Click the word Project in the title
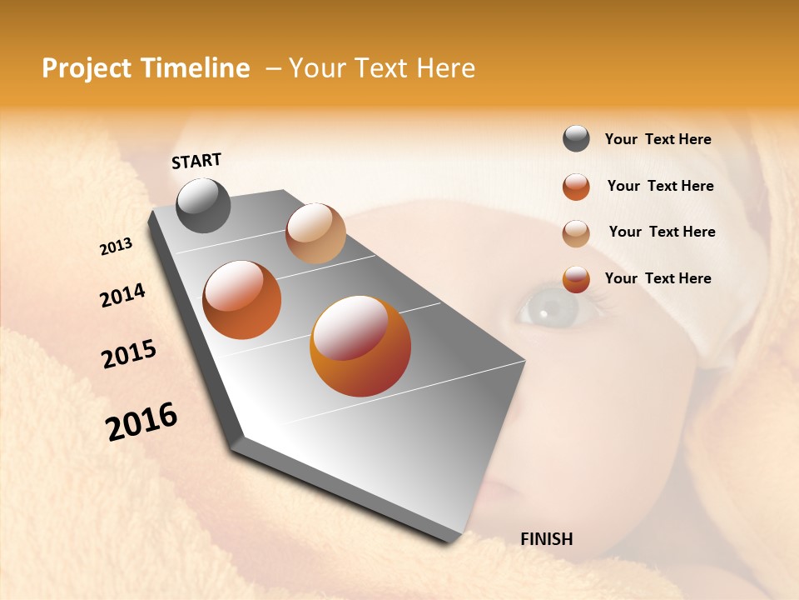(x=86, y=68)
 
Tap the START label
(x=196, y=161)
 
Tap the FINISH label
(x=547, y=539)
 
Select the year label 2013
(x=117, y=247)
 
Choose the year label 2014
(x=122, y=296)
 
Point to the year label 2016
(x=141, y=422)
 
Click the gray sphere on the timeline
(x=204, y=205)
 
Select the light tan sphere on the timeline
(x=315, y=233)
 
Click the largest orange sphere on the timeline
(x=360, y=346)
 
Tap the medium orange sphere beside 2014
(x=242, y=300)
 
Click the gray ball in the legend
(x=576, y=139)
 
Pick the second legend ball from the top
(x=576, y=187)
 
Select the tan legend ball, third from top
(x=576, y=233)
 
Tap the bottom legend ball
(x=576, y=279)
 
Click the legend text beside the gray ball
(x=658, y=140)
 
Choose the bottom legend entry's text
(x=658, y=278)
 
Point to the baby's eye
(x=548, y=309)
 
